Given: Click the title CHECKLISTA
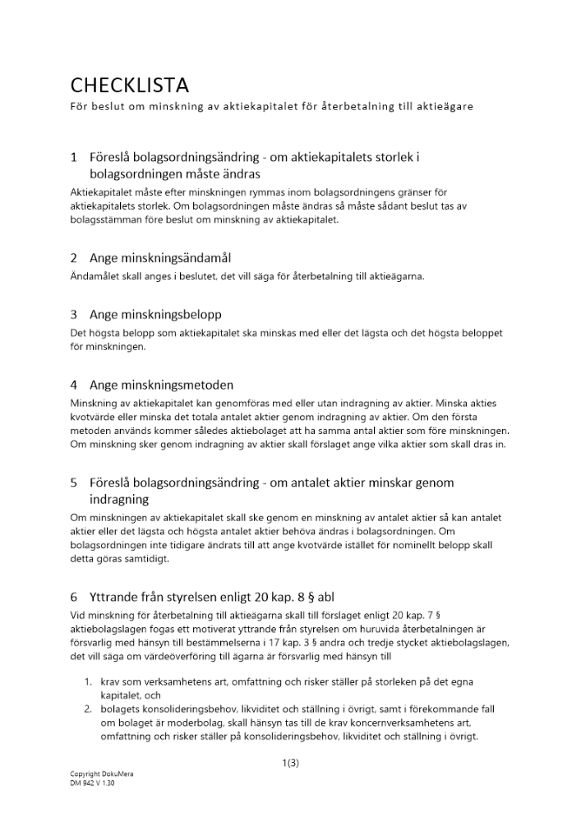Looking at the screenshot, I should point(130,85).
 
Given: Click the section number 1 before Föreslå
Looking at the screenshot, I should point(74,156).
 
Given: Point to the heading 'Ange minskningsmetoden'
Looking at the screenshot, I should point(161,385).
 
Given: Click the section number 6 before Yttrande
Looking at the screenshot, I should point(74,596).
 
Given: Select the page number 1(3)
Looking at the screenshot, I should point(290,763).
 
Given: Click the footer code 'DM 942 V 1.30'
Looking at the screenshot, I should point(93,783).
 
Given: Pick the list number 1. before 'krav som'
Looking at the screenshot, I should point(90,682).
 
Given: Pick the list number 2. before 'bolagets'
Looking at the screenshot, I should point(90,709).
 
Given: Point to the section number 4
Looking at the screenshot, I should point(74,385).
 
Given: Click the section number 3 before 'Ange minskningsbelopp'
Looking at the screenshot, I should point(74,315).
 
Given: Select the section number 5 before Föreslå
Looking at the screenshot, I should point(74,483).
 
